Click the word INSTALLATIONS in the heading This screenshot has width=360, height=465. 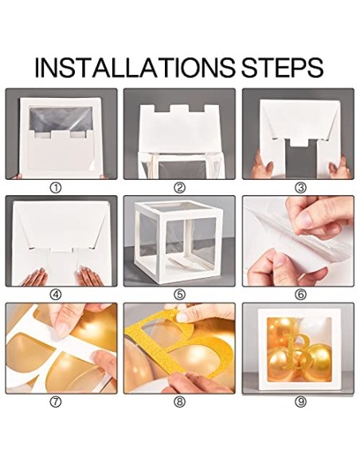[135, 68]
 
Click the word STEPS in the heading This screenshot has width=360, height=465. [282, 68]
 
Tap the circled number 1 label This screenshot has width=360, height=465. [57, 187]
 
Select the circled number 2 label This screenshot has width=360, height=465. [179, 187]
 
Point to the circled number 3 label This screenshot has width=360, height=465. [300, 187]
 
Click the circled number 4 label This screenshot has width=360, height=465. [57, 295]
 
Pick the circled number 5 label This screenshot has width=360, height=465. [179, 295]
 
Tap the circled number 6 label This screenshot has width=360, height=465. [300, 295]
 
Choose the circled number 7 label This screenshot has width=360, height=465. [57, 402]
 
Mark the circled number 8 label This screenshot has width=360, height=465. [179, 402]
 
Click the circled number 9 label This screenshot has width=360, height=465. [300, 402]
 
